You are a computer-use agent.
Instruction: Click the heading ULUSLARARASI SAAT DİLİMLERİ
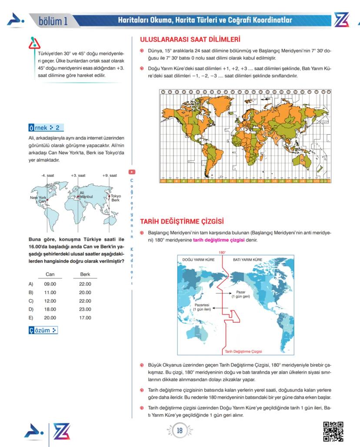(x=190, y=40)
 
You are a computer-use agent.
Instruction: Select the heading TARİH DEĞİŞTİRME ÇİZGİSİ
(x=181, y=222)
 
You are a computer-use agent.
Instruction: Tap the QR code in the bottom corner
(x=333, y=431)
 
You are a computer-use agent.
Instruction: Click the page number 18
(x=180, y=430)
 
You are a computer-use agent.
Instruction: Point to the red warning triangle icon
(x=34, y=43)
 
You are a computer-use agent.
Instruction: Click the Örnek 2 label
(x=45, y=128)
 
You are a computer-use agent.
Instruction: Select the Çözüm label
(x=43, y=331)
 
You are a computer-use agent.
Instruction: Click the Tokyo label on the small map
(x=116, y=196)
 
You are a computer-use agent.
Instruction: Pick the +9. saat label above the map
(x=110, y=175)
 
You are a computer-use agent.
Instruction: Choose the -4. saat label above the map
(x=47, y=175)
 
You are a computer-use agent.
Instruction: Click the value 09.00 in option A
(x=50, y=284)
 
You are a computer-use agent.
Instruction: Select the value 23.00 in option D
(x=85, y=309)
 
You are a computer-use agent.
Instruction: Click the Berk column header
(x=85, y=275)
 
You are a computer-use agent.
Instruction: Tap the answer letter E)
(x=31, y=318)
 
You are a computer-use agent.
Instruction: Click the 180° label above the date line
(x=222, y=252)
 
